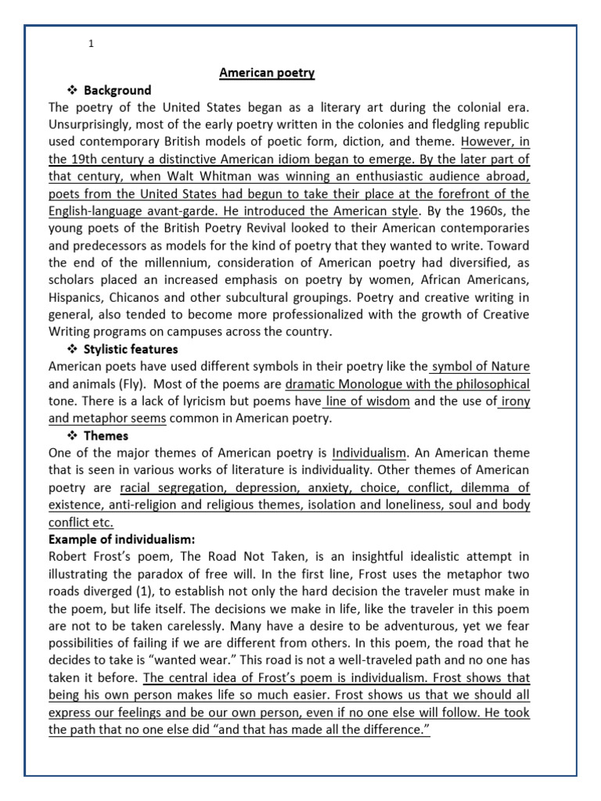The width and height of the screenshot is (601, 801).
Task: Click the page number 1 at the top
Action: point(92,44)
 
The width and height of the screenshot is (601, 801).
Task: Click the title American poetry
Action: point(267,73)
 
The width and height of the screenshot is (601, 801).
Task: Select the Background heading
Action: point(117,90)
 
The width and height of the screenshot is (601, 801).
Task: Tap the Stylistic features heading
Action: point(131,349)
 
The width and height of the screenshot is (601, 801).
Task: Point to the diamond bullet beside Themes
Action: point(71,436)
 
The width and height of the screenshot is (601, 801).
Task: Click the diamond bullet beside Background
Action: point(71,90)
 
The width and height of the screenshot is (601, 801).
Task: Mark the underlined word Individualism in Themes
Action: point(369,453)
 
